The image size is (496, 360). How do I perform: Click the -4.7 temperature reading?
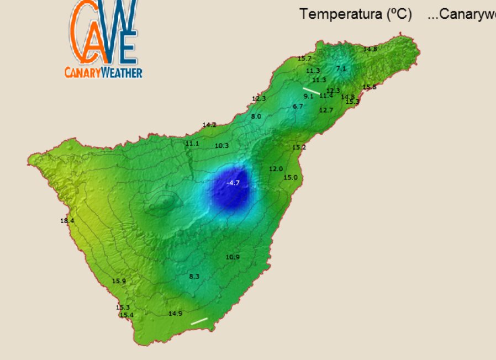[x=233, y=183]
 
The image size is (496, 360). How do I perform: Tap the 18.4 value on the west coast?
[x=67, y=221]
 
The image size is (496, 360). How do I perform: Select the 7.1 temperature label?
[x=341, y=68]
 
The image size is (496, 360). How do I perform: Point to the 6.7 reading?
[x=298, y=106]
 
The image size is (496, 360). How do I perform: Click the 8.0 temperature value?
[x=256, y=117]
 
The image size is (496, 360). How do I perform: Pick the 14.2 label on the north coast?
[x=209, y=125]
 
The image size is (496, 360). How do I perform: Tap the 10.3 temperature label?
[x=221, y=146]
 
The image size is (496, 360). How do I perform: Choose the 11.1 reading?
[x=192, y=144]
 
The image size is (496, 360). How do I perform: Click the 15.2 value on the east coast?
[x=299, y=147]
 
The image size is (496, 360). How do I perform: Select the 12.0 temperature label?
[x=276, y=169]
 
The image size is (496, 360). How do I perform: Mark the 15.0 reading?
[x=291, y=178]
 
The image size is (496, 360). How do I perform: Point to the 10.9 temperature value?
[x=233, y=257]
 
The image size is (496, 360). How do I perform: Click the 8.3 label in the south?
[x=194, y=276]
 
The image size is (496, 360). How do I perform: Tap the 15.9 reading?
[x=119, y=281]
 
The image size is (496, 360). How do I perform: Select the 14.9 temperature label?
[x=175, y=314]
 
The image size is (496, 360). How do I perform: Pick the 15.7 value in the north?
[x=304, y=59]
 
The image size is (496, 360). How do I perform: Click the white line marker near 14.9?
[x=199, y=321]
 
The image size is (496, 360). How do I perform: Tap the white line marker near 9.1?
[x=312, y=90]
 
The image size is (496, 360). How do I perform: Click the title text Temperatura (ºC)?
[x=356, y=15]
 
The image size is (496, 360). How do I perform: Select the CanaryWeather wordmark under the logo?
[x=103, y=72]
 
